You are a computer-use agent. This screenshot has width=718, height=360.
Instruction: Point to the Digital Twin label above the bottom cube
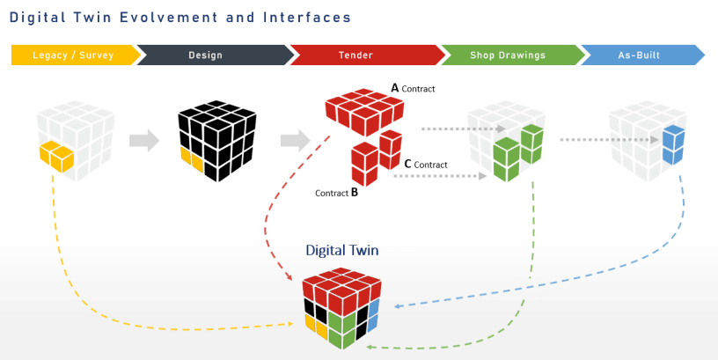[341, 251]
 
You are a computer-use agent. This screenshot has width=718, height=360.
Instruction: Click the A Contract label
[413, 88]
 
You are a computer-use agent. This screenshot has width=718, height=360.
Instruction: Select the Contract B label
[336, 191]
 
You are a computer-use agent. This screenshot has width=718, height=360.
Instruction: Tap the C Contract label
[425, 164]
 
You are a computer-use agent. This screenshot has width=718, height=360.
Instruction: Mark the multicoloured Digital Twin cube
[341, 308]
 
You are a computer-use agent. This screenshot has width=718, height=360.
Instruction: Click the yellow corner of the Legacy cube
[55, 156]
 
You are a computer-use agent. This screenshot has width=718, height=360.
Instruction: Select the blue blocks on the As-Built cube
[672, 144]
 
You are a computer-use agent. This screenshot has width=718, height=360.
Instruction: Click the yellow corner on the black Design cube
[192, 158]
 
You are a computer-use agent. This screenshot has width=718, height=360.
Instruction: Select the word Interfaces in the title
[304, 17]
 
